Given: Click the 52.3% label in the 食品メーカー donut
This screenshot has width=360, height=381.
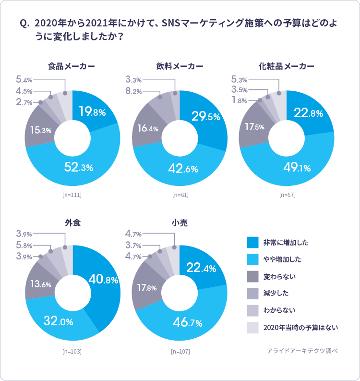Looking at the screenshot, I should (x=79, y=168).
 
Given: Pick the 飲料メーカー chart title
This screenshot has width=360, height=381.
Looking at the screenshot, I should (x=180, y=66).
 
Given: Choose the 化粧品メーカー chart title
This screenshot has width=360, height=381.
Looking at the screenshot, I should (x=286, y=66).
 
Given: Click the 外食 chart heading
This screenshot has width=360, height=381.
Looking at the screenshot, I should (x=72, y=222).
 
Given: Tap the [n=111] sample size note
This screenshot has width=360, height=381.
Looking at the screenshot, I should (x=72, y=195).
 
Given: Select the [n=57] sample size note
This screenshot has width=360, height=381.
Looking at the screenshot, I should (x=287, y=195).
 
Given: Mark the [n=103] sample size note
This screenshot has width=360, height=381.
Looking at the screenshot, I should (x=72, y=351).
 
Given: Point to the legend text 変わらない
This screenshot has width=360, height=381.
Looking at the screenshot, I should (x=280, y=276).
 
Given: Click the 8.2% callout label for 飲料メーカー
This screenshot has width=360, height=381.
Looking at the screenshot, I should (x=133, y=91).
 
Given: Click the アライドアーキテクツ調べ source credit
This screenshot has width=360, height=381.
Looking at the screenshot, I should (x=302, y=351).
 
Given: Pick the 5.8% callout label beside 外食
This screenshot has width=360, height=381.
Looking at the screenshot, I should (x=24, y=245).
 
